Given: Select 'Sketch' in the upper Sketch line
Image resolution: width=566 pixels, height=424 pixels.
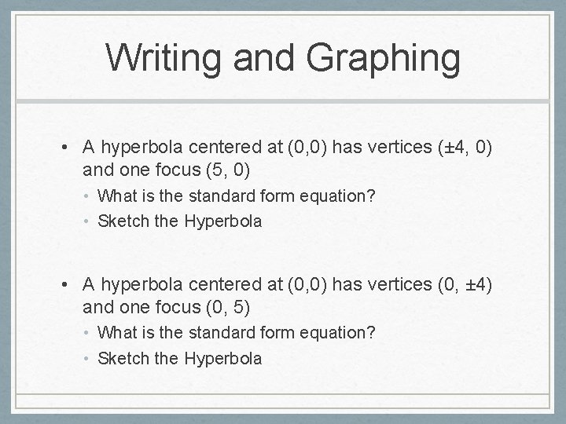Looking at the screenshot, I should click(x=123, y=221).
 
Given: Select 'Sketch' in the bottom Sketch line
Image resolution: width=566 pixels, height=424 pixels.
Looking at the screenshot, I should click(x=123, y=359).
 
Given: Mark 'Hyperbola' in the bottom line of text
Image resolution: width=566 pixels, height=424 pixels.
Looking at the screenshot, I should click(x=222, y=359).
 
